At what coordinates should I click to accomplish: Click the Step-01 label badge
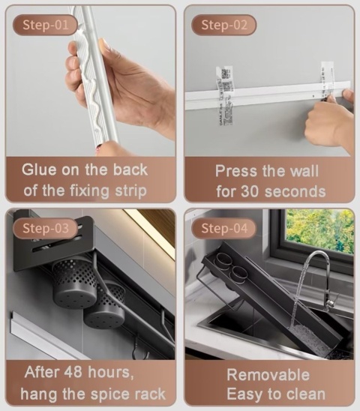45,25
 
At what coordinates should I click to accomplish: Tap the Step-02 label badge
224,25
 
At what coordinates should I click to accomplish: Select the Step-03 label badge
45,228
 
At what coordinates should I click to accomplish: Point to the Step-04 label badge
224,228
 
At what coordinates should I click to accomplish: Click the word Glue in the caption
39,169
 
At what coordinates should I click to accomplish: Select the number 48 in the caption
73,372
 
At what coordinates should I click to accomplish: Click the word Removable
268,374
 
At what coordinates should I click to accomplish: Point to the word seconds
295,191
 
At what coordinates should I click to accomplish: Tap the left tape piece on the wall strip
225,96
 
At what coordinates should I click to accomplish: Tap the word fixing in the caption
89,190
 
